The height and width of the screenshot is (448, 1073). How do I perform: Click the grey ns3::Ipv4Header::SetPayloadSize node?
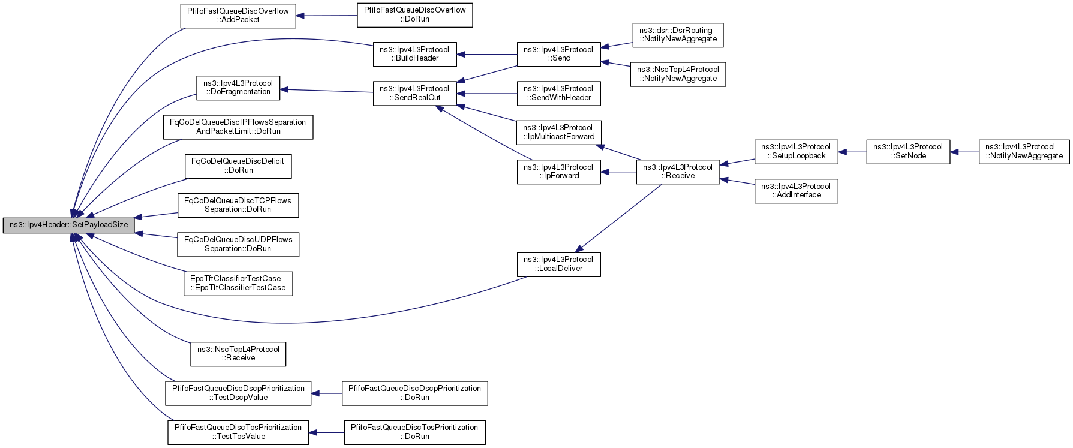click(x=68, y=225)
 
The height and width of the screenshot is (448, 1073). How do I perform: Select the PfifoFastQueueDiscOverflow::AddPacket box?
click(x=238, y=16)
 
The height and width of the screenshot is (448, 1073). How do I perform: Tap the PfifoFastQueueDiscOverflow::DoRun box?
click(x=415, y=15)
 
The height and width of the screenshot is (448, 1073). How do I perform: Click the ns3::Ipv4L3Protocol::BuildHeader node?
click(x=414, y=54)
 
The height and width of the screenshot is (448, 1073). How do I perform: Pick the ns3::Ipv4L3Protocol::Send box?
click(x=558, y=54)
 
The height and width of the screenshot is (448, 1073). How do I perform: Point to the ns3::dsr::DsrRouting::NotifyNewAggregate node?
click(x=678, y=35)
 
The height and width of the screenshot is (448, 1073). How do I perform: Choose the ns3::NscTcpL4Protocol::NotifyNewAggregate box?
click(x=678, y=74)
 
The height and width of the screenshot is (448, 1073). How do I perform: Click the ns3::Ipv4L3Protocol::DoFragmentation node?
click(x=238, y=88)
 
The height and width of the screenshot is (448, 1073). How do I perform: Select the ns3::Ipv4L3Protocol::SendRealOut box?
click(x=414, y=93)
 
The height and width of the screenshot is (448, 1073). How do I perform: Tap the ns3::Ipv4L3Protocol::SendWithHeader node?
click(x=558, y=93)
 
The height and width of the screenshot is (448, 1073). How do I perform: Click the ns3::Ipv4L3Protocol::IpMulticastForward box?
click(x=558, y=132)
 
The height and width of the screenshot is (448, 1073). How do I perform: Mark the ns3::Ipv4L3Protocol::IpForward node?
click(x=558, y=172)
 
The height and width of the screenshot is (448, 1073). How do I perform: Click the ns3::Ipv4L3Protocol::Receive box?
click(x=678, y=172)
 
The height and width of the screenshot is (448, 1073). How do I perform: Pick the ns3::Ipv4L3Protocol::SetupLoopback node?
click(x=796, y=151)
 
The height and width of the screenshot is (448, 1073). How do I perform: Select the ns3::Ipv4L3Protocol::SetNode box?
click(x=908, y=151)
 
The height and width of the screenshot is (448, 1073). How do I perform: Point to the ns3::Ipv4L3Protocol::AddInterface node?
click(x=796, y=191)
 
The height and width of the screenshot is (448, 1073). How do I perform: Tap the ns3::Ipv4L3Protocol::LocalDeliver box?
click(x=558, y=264)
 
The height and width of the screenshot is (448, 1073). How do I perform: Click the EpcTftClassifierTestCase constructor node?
click(x=238, y=284)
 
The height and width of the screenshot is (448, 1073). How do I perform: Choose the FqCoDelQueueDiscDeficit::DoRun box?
click(x=238, y=166)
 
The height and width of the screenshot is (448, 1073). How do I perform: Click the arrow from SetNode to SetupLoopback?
click(x=852, y=152)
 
